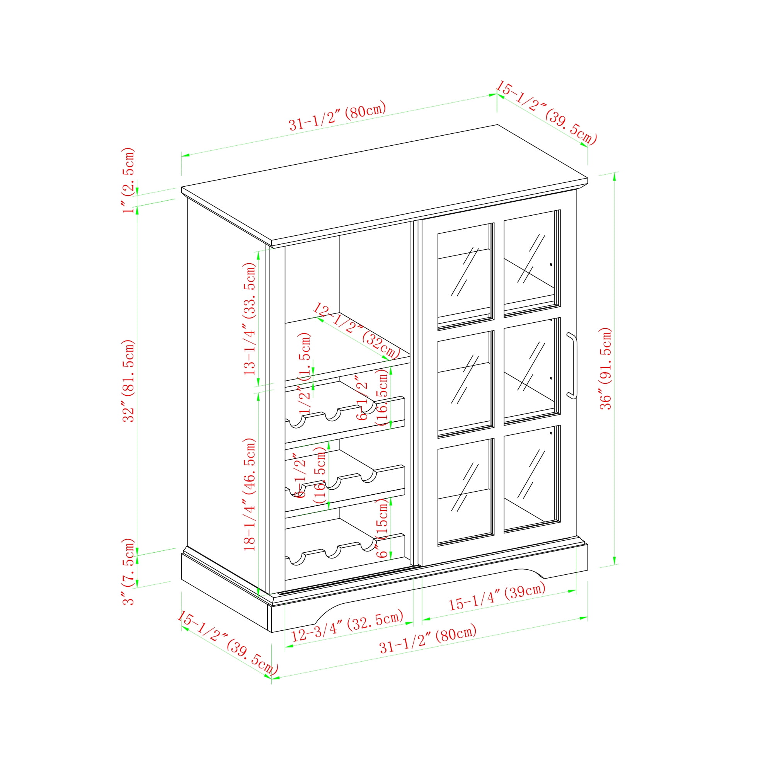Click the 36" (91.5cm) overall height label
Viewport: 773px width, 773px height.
pos(606,368)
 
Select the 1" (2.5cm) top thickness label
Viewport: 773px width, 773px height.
pos(128,180)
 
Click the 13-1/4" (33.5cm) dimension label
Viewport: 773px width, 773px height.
pos(250,318)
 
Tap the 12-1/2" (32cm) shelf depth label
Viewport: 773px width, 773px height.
pos(356,330)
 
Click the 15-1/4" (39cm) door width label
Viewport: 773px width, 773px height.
pos(497,598)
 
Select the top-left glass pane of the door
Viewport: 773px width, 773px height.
pos(465,276)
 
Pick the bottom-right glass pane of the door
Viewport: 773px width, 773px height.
pos(531,478)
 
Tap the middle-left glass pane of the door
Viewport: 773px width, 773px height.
pos(465,384)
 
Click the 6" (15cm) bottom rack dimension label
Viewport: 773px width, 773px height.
pos(383,528)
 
